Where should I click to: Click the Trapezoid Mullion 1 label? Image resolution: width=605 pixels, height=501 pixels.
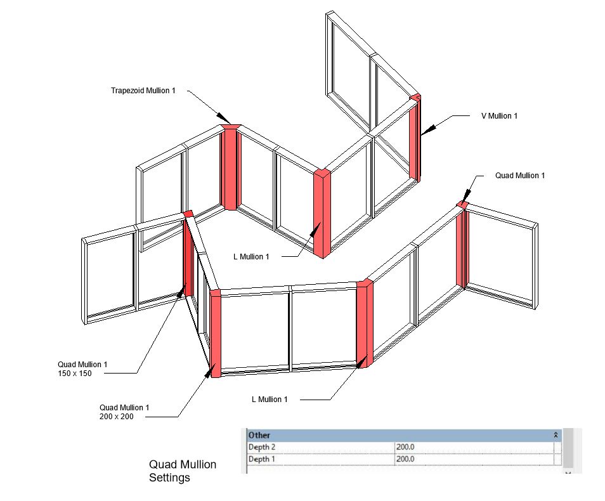click(143, 91)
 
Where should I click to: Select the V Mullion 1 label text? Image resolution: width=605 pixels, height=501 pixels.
click(498, 116)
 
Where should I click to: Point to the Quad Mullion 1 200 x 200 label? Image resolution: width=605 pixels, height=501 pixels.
click(124, 412)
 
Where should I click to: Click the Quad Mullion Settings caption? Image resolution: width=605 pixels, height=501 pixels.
click(183, 471)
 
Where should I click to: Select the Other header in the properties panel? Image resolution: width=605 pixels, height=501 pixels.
click(259, 435)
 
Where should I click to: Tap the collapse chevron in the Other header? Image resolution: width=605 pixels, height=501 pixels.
click(556, 435)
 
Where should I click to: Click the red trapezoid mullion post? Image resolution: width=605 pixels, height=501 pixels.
click(230, 168)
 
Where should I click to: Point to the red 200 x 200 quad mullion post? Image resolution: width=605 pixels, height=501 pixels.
click(215, 333)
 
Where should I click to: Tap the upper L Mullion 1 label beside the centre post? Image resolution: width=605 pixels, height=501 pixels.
click(252, 256)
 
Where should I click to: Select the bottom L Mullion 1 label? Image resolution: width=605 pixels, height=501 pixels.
click(270, 400)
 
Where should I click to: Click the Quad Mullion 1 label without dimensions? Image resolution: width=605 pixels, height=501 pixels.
click(519, 175)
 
